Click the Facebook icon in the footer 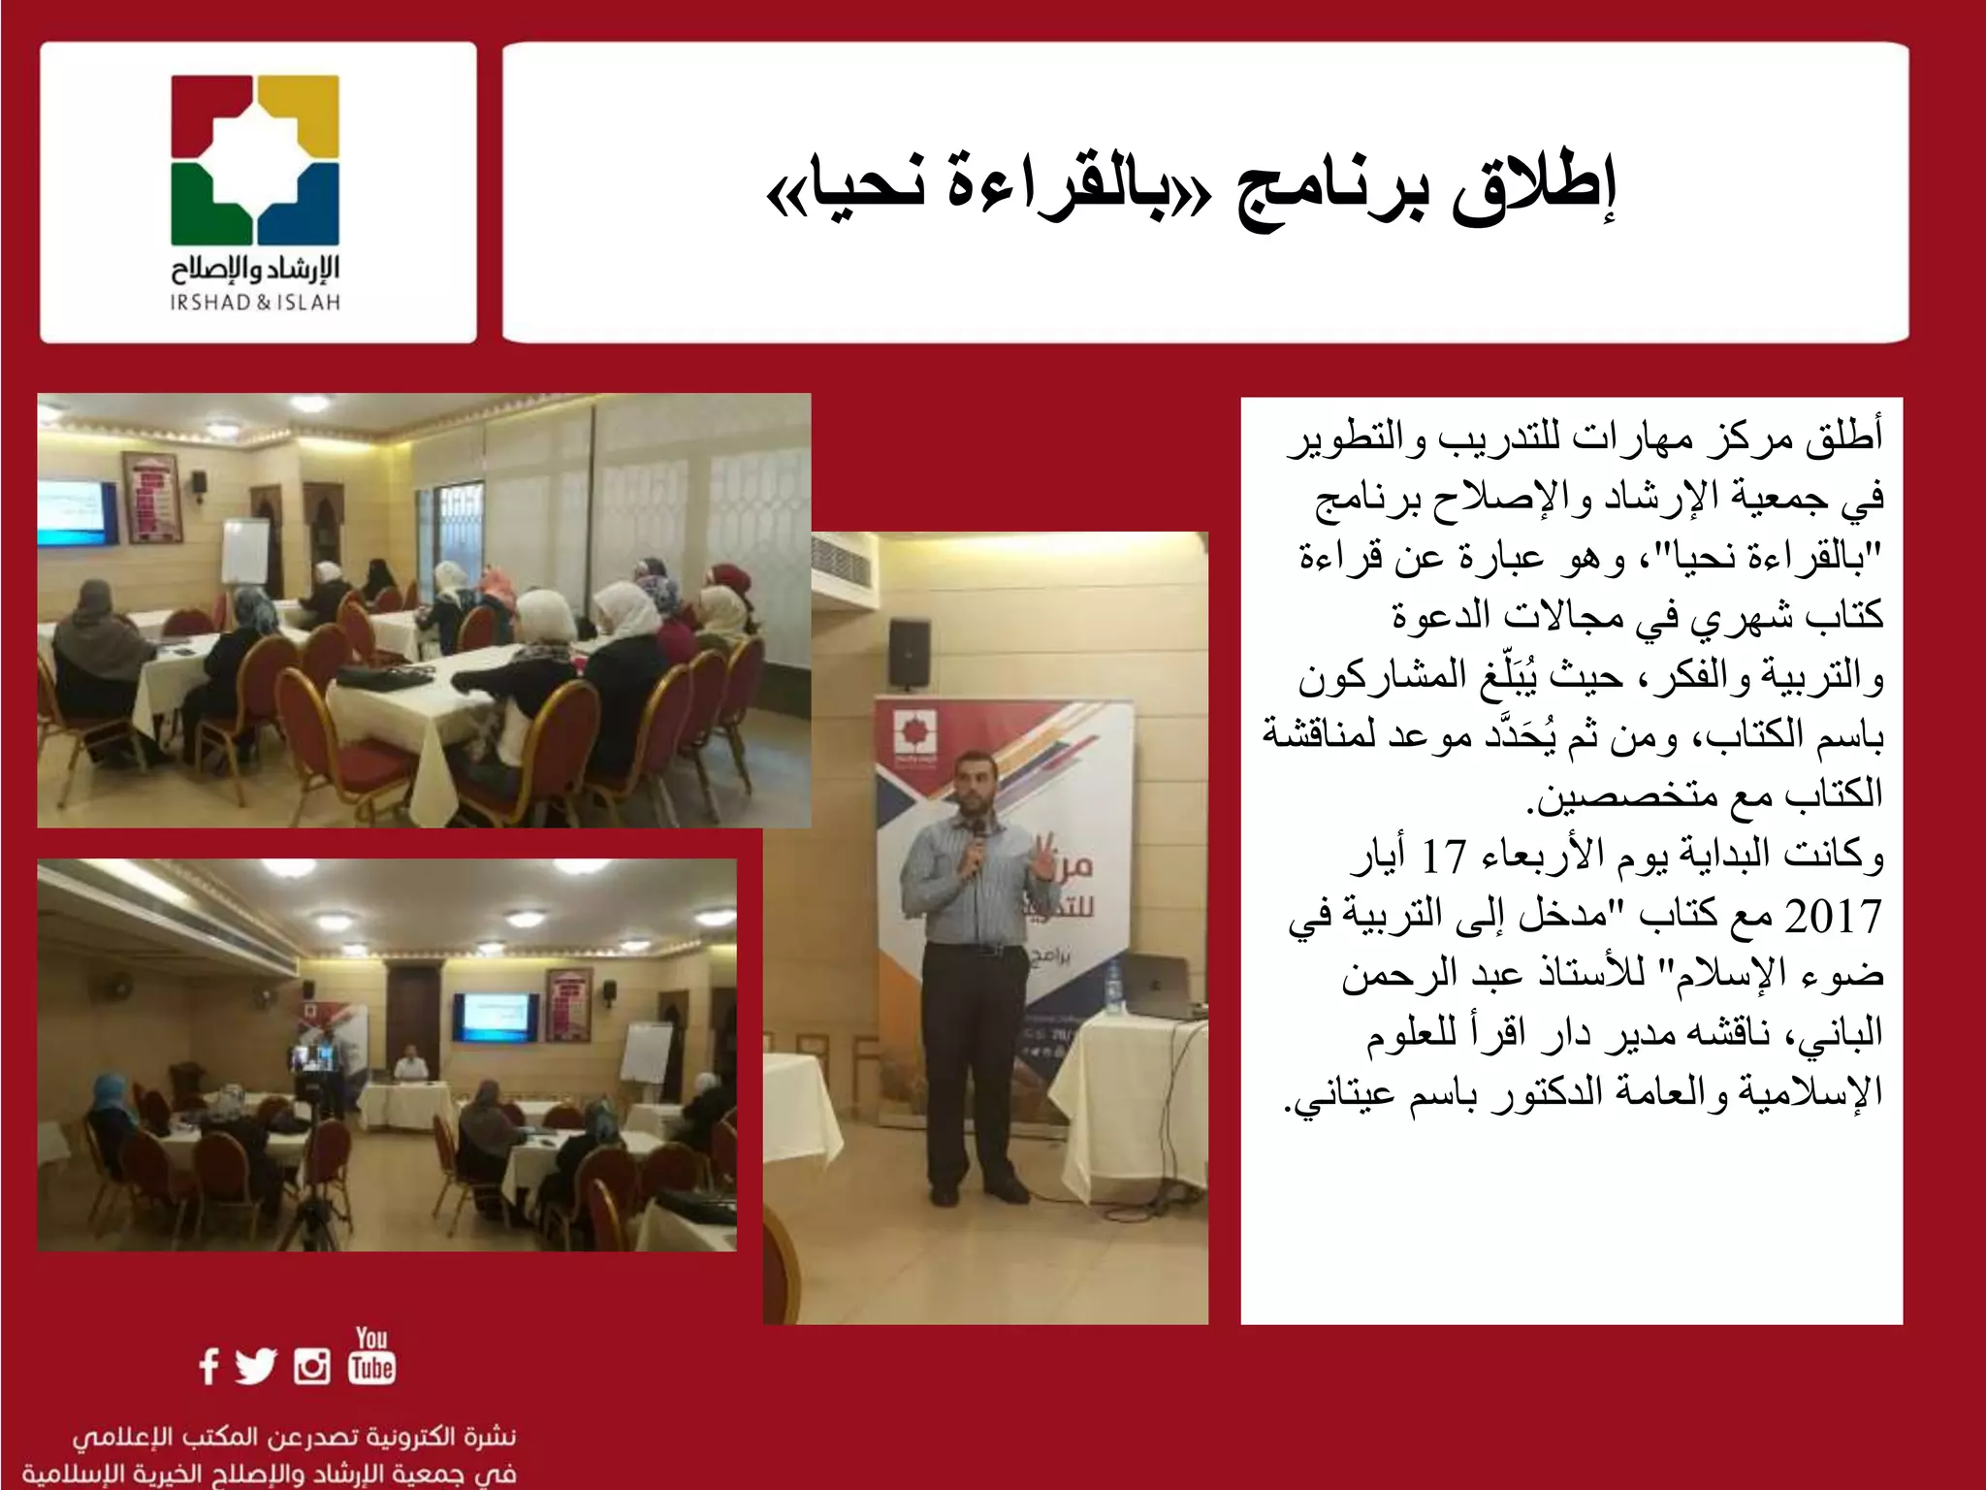pyautogui.click(x=208, y=1366)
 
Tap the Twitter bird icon pyautogui.click(x=256, y=1366)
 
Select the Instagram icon pyautogui.click(x=312, y=1366)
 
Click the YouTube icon pyautogui.click(x=371, y=1356)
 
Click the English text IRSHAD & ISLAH pyautogui.click(x=255, y=303)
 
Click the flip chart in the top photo pyautogui.click(x=245, y=549)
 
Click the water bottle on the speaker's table pyautogui.click(x=1115, y=985)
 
